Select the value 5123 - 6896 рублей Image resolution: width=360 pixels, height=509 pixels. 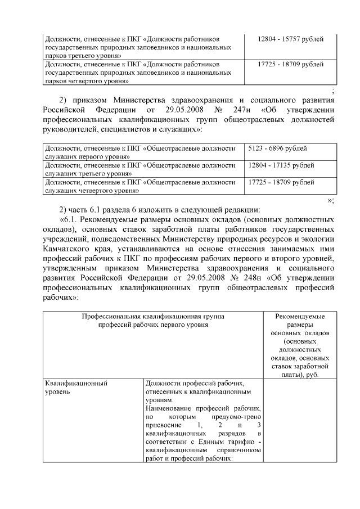[x=275, y=148]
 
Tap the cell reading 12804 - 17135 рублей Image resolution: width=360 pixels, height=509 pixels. [x=281, y=165]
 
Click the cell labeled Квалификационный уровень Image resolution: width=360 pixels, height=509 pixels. [x=76, y=388]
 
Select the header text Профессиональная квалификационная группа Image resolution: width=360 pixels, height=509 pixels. [x=152, y=317]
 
